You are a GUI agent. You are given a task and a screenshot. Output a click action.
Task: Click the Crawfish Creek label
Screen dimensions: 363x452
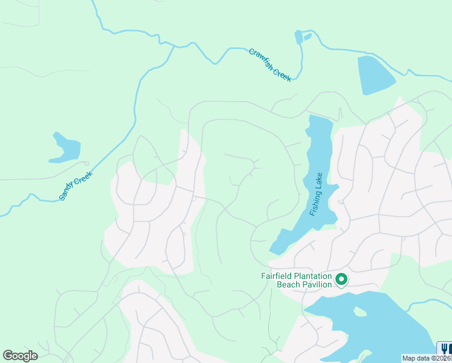pyautogui.click(x=270, y=65)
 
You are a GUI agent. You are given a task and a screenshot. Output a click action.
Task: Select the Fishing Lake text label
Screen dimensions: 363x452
pyautogui.click(x=316, y=194)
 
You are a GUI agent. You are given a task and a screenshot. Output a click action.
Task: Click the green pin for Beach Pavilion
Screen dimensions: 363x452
pyautogui.click(x=341, y=279)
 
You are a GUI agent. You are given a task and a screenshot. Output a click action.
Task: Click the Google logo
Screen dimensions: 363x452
pyautogui.click(x=20, y=355)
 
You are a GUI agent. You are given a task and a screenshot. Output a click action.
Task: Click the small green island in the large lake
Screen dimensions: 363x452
pyautogui.click(x=361, y=312)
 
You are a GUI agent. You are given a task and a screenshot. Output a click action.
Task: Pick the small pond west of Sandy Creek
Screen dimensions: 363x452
pyautogui.click(x=65, y=148)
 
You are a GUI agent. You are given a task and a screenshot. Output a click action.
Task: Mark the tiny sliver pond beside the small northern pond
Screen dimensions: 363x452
pyautogui.click(x=308, y=36)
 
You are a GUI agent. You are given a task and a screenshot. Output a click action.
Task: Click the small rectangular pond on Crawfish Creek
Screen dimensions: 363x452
pyautogui.click(x=299, y=37)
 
